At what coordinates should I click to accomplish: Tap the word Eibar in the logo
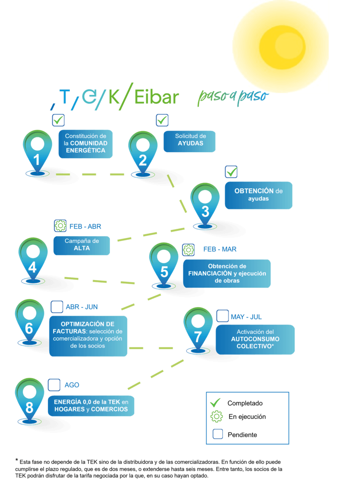coord(156,96)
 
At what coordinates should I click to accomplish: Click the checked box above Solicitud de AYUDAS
coord(162,120)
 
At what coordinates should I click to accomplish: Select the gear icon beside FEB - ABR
coord(60,226)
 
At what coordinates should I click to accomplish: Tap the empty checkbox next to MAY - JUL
coord(222,316)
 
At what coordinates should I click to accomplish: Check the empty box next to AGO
coord(55,385)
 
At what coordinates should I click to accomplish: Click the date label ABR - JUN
coord(82,307)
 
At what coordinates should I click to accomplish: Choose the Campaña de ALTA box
coord(82,244)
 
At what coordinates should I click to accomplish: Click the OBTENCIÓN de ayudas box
coord(258,195)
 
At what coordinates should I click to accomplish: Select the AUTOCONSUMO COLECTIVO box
coord(255,339)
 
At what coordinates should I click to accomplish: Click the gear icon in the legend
coord(217,417)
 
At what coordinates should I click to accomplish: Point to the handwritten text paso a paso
coord(233,96)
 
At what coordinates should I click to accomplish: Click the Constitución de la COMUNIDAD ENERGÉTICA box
coord(85,143)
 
